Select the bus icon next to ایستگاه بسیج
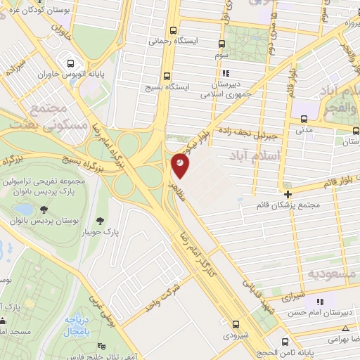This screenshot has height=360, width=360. point(167,75)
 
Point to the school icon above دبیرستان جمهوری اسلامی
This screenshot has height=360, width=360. point(225,72)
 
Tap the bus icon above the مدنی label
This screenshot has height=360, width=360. point(304,118)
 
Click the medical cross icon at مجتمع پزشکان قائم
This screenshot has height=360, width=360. point(288,194)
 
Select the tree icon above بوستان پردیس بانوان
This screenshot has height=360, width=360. point(44,210)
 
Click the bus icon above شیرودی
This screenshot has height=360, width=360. point(236,324)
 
